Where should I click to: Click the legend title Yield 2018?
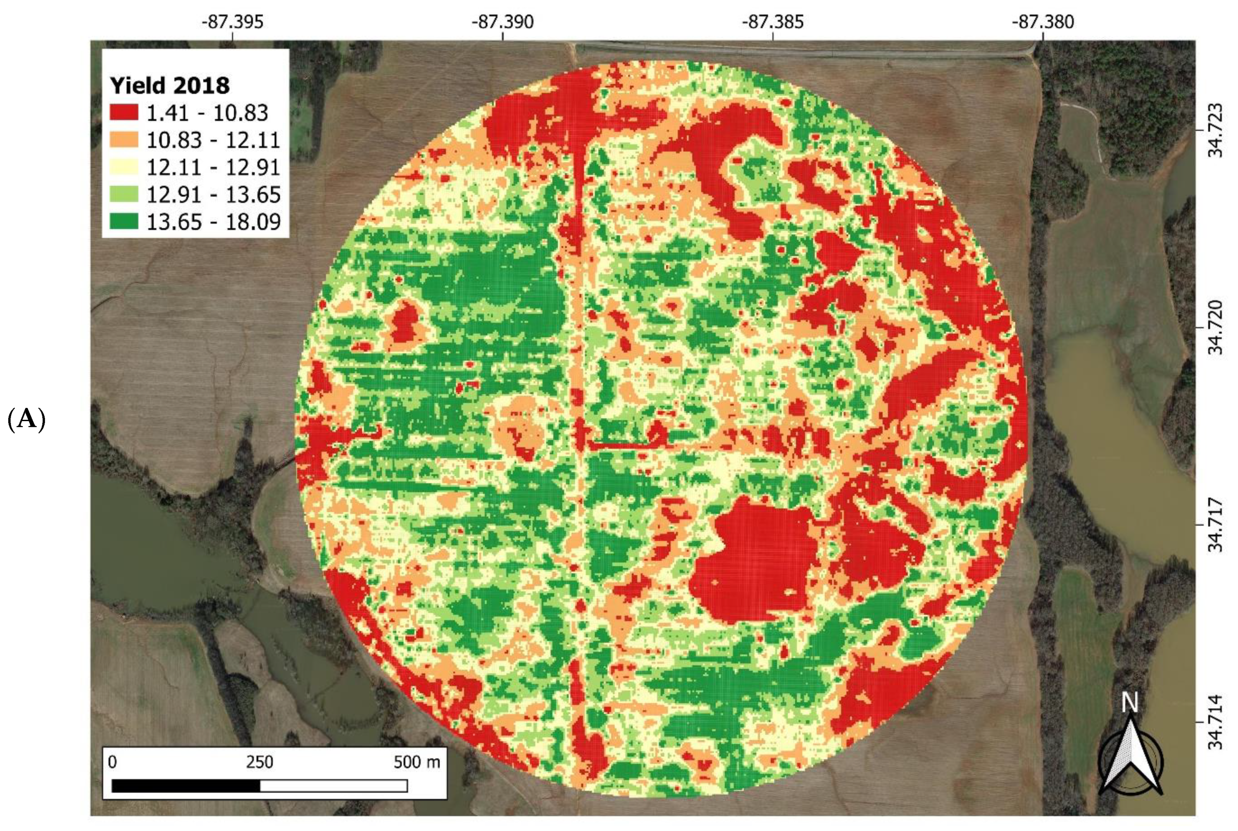point(169,85)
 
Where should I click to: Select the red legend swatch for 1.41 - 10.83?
point(124,112)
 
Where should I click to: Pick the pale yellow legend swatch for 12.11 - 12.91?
point(124,167)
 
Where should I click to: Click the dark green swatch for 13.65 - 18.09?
point(124,221)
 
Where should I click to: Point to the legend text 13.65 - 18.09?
point(213,221)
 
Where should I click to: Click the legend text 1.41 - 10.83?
point(207,112)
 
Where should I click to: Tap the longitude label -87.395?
point(232,22)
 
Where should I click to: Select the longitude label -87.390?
point(502,22)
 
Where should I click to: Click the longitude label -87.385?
point(773,22)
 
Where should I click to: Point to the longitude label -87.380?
point(1043,22)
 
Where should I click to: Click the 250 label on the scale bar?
point(259,762)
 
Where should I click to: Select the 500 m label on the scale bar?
point(417,762)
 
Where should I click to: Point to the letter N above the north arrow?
point(1130,703)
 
